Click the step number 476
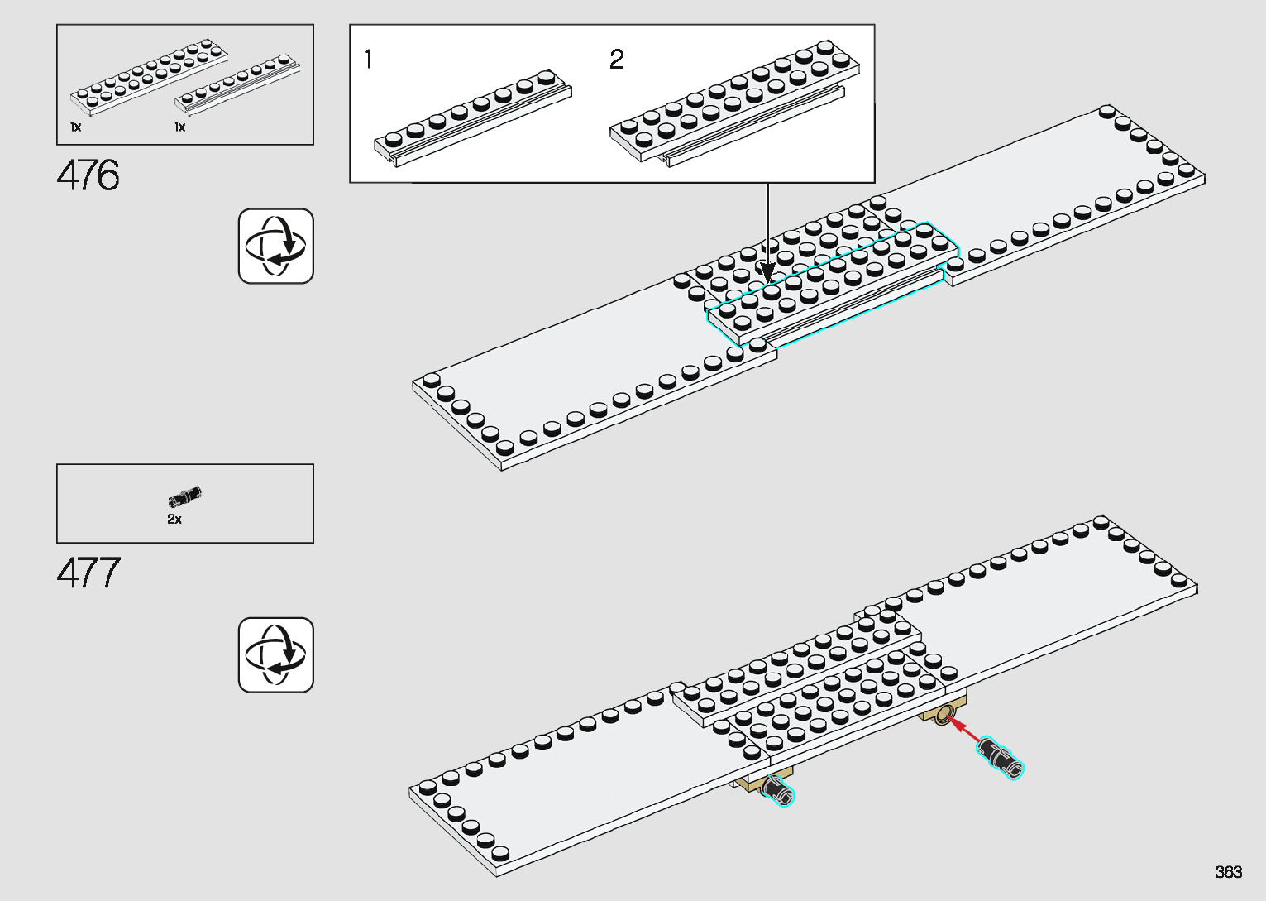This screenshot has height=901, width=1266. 88,175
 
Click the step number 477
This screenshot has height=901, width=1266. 88,573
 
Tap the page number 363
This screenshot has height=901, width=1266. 1228,871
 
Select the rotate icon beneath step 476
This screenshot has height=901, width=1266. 276,246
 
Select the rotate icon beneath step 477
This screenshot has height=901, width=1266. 276,654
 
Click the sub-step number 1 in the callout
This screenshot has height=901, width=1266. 368,60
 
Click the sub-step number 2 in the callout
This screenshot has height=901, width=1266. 617,60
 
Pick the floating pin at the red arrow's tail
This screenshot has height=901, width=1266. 1001,757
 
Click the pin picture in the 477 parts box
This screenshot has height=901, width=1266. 185,496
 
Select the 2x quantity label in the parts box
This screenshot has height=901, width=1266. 174,519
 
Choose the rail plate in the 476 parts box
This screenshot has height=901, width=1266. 236,85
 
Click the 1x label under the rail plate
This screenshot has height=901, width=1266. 179,127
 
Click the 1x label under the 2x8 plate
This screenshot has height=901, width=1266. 75,127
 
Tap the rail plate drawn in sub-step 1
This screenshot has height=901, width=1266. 471,120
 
